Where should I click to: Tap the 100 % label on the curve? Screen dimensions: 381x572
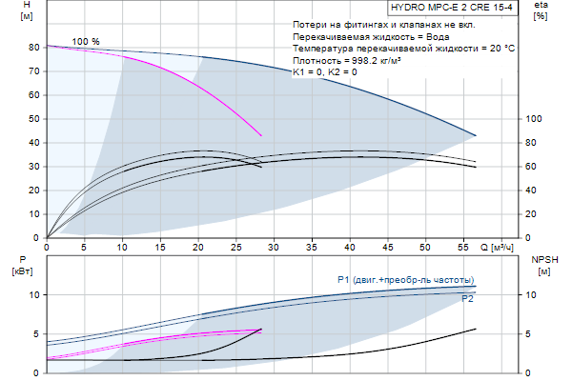pyautogui.click(x=86, y=41)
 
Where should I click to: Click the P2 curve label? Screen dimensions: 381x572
pyautogui.click(x=467, y=298)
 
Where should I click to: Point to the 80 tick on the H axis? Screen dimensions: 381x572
pyautogui.click(x=33, y=48)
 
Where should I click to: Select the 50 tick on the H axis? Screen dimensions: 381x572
pyautogui.click(x=33, y=119)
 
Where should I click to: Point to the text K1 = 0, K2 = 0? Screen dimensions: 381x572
pyautogui.click(x=326, y=72)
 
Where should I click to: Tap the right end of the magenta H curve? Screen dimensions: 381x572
pyautogui.click(x=261, y=135)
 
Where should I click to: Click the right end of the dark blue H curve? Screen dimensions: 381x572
pyautogui.click(x=476, y=135)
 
